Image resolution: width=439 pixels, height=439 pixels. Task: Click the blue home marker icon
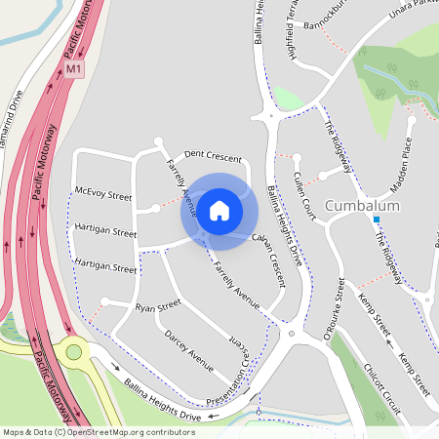coord(219,210)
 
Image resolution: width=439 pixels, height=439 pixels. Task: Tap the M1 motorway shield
coord(75,70)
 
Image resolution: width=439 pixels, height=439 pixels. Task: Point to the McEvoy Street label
coord(102,193)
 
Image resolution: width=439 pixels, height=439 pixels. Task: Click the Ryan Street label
coord(158,306)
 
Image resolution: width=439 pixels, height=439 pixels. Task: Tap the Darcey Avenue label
coord(188,351)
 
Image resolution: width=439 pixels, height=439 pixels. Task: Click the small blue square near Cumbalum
coord(376,219)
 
